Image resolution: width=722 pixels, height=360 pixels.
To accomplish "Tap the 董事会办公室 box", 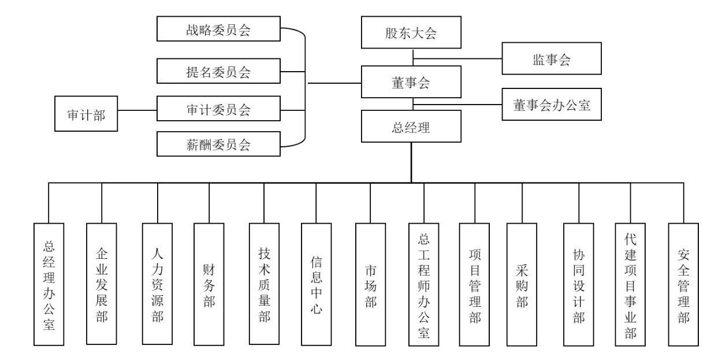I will coord(552,105).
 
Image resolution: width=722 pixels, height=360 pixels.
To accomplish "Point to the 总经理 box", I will coord(411,127).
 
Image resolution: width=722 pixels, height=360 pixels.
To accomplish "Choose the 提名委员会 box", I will coord(218,72).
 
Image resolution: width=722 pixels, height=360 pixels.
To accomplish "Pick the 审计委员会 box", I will coord(218,110).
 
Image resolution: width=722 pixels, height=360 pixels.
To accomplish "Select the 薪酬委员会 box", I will coord(218,144).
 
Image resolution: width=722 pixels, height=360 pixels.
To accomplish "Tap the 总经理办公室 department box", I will coord(49,284).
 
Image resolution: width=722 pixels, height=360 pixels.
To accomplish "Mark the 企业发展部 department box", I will coord(102,284).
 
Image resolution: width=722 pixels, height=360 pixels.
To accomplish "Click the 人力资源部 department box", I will coord(158,284).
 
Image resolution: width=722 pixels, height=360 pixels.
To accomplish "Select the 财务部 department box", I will coord(209,284).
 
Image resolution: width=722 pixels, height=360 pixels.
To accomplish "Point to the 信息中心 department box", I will coord(317,284).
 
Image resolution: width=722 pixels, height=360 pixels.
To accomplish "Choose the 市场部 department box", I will coord(370,284).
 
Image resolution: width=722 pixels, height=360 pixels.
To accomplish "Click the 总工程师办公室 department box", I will coord(424,284).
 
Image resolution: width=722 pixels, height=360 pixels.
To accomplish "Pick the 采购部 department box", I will coord(521,284).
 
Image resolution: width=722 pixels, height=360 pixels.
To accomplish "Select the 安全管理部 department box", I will coord(683,284).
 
